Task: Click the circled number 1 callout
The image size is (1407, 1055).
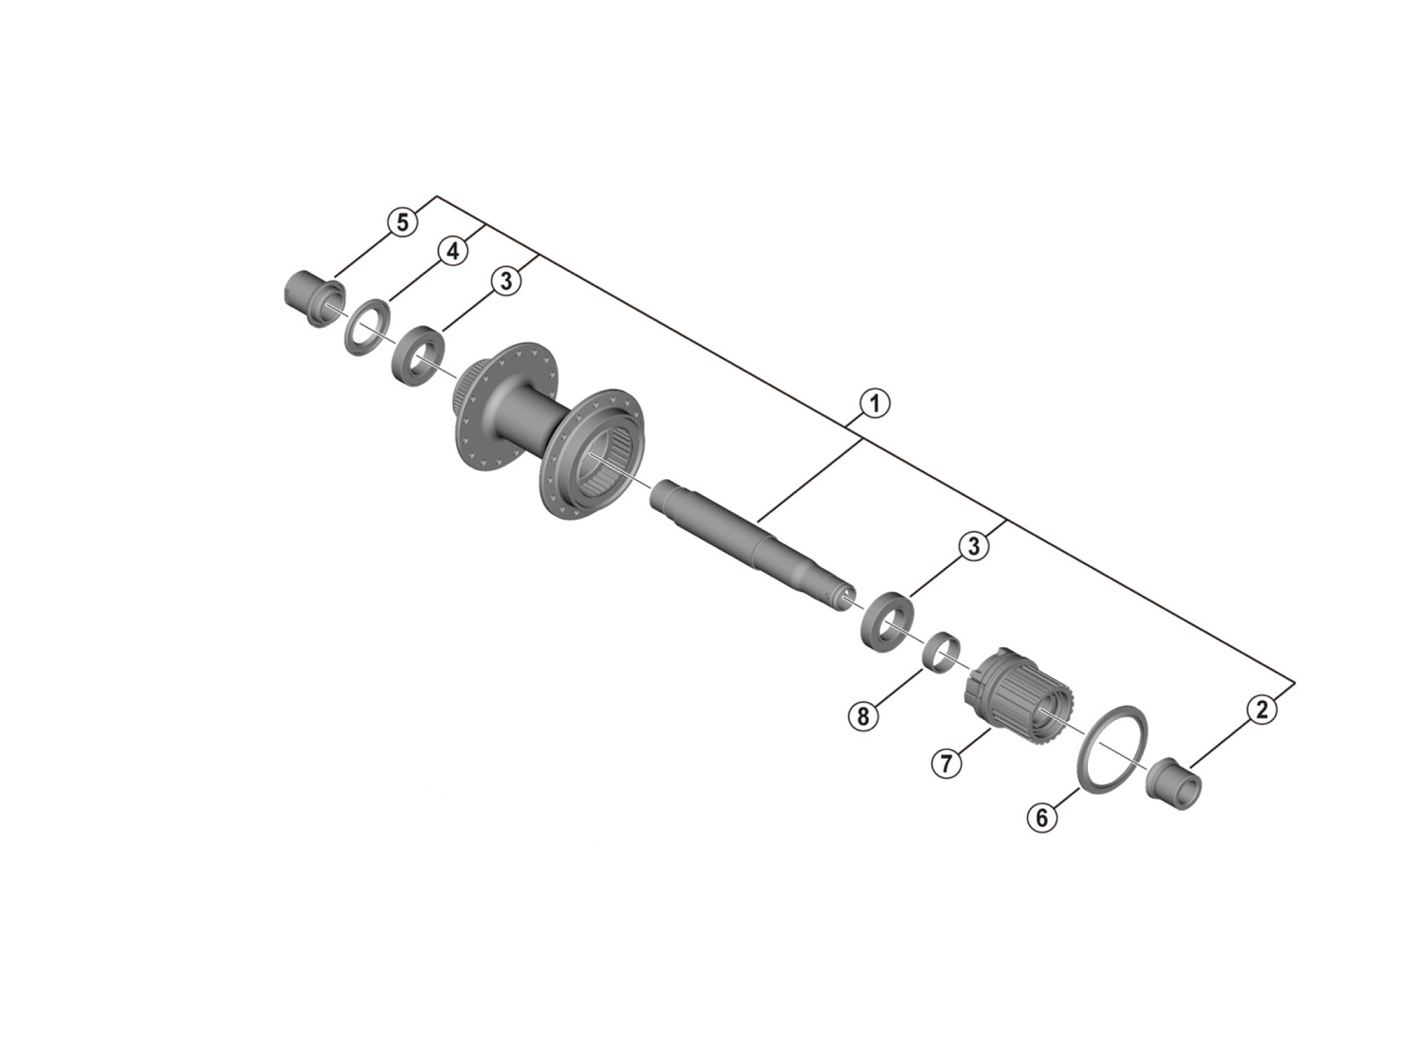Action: coord(875,404)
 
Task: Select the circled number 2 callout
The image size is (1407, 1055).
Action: coord(1262,710)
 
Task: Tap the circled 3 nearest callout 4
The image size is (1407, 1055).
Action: coord(506,280)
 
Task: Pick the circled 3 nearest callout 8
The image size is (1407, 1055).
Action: coord(973,546)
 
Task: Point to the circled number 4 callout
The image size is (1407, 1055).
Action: coord(453,251)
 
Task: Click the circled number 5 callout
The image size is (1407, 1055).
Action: coord(403,223)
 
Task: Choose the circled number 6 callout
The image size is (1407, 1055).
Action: coord(1042,818)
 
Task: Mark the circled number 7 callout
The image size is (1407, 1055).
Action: coord(947,763)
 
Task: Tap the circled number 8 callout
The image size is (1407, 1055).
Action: coord(863,716)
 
